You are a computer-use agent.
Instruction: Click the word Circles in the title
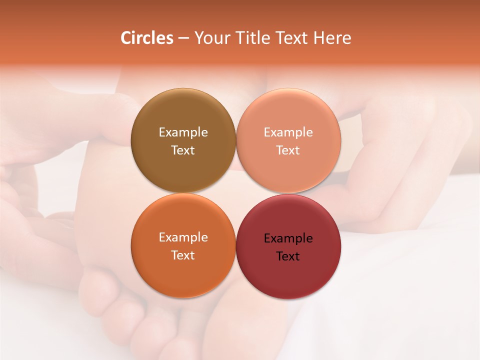tap(146, 38)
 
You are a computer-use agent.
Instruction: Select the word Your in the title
tap(210, 38)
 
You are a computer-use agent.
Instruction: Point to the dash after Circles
tap(183, 38)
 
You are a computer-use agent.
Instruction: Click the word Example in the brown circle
tap(183, 132)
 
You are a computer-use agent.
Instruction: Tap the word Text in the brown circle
tap(183, 150)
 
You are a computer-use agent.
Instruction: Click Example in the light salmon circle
tap(288, 132)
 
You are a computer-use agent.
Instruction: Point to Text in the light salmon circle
tap(288, 150)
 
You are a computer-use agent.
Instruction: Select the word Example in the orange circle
tap(183, 237)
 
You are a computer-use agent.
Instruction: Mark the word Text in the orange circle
tap(183, 255)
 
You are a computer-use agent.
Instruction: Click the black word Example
tap(288, 238)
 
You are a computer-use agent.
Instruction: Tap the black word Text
tap(288, 256)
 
